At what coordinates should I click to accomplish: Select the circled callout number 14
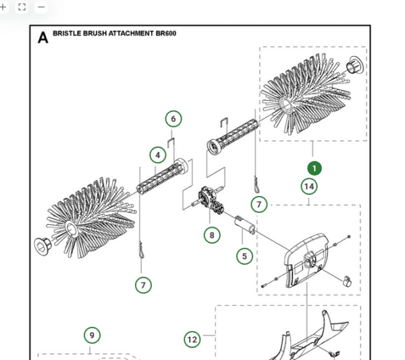pyautogui.click(x=309, y=186)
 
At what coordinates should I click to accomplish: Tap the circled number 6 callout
pyautogui.click(x=173, y=119)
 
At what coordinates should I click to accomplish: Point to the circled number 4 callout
pyautogui.click(x=157, y=155)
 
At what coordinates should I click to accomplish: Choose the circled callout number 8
pyautogui.click(x=212, y=234)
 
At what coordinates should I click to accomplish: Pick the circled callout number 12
pyautogui.click(x=192, y=339)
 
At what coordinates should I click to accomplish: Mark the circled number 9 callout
pyautogui.click(x=92, y=335)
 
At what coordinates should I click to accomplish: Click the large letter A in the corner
pyautogui.click(x=43, y=38)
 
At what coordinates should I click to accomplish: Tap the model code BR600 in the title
pyautogui.click(x=165, y=33)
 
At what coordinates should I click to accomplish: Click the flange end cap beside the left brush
pyautogui.click(x=41, y=245)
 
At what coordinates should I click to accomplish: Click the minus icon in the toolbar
pyautogui.click(x=41, y=7)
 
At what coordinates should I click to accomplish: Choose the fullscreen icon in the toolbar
pyautogui.click(x=22, y=7)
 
